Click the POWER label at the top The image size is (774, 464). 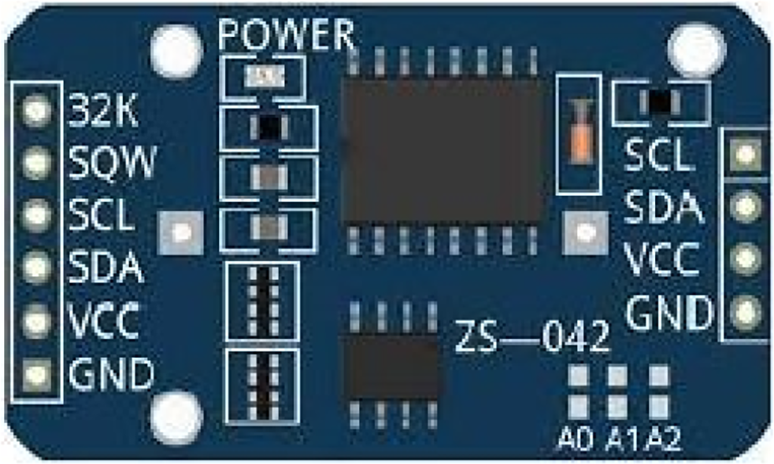tap(286, 35)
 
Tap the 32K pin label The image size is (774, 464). tap(105, 111)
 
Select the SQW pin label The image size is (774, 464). tap(113, 162)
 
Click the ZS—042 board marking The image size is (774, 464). tap(531, 338)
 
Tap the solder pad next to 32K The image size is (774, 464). tap(36, 111)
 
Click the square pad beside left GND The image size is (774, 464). tap(36, 372)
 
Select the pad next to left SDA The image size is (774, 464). tap(36, 267)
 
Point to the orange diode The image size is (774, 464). tap(579, 130)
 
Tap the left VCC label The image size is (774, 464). tap(103, 320)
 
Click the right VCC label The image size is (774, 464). tap(663, 261)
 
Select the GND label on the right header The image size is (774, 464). tap(669, 313)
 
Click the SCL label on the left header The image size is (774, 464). tap(101, 215)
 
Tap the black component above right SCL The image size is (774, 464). tap(661, 102)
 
